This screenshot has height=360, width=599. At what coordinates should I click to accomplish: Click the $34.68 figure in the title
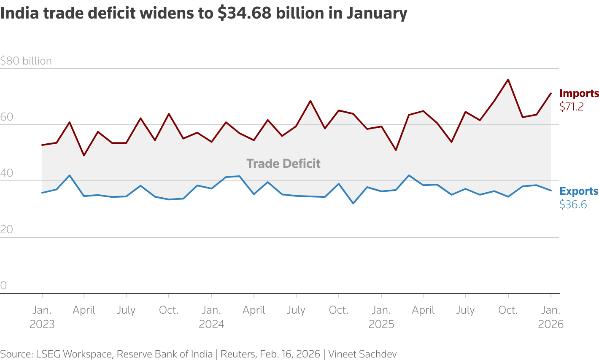click(244, 13)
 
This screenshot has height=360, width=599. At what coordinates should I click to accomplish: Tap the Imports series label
click(579, 93)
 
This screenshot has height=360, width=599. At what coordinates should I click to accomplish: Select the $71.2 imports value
click(572, 107)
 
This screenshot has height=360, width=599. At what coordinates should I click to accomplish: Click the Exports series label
click(579, 191)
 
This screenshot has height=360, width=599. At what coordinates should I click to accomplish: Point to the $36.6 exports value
click(573, 205)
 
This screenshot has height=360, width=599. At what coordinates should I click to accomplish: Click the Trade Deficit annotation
click(283, 164)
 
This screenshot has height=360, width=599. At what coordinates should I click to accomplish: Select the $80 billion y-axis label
click(26, 61)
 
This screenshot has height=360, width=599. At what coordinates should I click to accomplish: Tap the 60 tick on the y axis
click(7, 117)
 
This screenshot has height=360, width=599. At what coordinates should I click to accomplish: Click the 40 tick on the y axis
click(7, 173)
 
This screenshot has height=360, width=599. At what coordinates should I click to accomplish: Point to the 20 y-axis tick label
click(7, 230)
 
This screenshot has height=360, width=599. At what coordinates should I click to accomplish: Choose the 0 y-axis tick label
click(4, 286)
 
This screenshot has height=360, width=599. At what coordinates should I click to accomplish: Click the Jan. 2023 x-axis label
click(42, 317)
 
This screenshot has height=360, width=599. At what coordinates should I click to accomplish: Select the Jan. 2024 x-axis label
click(211, 317)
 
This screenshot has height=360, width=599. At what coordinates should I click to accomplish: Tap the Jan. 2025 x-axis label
click(381, 317)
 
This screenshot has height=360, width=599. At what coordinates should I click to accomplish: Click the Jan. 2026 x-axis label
click(551, 317)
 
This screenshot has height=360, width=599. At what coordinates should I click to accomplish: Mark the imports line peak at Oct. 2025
click(508, 79)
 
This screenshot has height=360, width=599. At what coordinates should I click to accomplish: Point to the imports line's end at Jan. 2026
click(551, 93)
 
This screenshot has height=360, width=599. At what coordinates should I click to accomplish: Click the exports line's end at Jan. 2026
click(551, 191)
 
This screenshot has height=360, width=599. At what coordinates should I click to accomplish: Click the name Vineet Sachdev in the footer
click(362, 354)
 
